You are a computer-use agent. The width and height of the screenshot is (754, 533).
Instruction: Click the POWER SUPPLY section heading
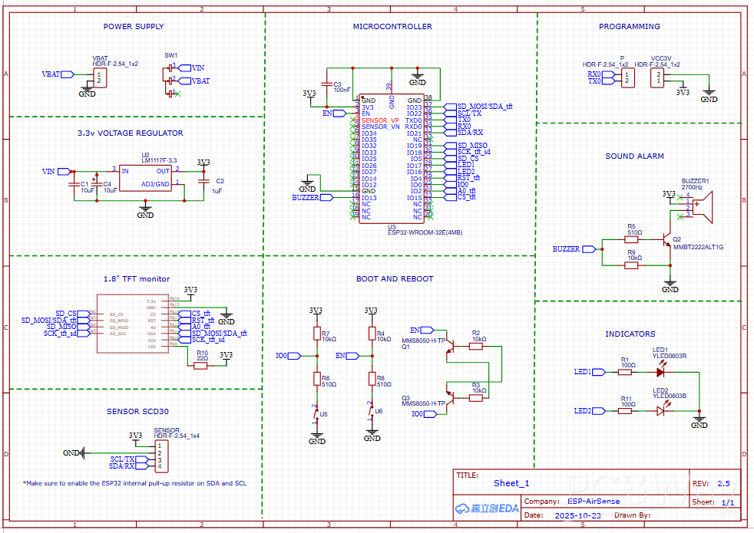pos(134,27)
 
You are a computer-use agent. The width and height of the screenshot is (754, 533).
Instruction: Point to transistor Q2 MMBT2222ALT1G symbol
pos(667,239)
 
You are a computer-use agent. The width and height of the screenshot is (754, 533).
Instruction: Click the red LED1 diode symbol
pos(660,372)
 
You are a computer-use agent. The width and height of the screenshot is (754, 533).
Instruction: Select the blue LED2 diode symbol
pos(660,410)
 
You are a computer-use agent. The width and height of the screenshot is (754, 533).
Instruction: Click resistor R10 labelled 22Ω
pos(201,366)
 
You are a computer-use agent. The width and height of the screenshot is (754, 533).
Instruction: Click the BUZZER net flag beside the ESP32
pos(326,197)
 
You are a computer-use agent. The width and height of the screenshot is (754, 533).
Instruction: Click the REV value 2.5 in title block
pos(723,484)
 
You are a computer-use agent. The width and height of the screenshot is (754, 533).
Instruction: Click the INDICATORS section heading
pos(630,334)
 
